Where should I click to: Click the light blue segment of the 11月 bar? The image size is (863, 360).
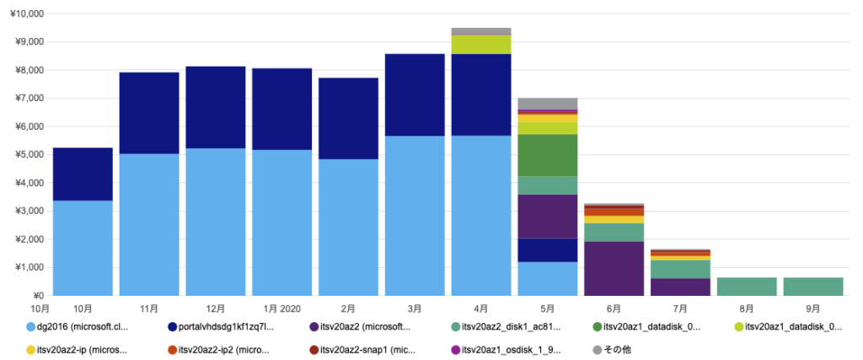(149, 224)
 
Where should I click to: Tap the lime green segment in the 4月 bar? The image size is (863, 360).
(481, 44)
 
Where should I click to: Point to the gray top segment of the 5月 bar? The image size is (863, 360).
(548, 104)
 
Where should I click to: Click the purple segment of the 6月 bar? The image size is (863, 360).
(614, 268)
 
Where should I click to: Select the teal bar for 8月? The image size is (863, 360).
(747, 287)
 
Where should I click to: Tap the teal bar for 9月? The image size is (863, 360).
(813, 287)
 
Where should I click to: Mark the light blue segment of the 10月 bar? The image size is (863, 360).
(83, 248)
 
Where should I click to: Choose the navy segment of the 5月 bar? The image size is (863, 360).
(548, 250)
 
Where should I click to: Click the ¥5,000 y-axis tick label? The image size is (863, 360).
(29, 155)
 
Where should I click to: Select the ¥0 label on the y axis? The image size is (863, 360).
(37, 296)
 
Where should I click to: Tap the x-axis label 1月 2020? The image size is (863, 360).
(281, 309)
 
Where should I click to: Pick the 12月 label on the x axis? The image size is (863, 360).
(216, 309)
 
